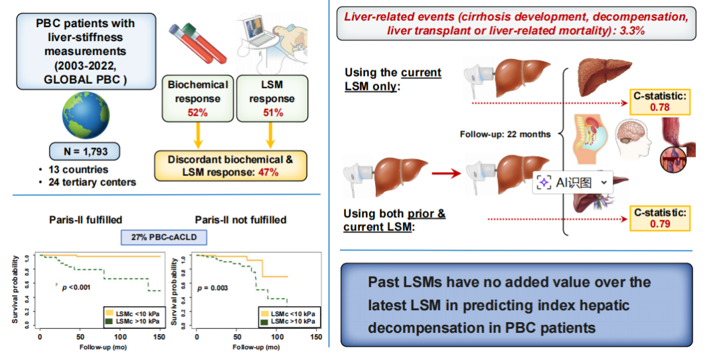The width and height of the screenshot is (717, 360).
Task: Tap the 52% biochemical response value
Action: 197,112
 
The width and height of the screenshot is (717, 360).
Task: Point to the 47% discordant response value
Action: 268,172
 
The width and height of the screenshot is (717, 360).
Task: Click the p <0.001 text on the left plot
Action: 76,287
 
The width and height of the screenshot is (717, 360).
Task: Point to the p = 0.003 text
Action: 218,288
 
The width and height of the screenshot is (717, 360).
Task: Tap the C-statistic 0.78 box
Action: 659,102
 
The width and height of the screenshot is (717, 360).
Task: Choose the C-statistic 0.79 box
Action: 659,218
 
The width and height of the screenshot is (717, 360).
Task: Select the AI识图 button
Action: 572,183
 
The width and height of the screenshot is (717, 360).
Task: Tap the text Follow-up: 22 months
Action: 505,134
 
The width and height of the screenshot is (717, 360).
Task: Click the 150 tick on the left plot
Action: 159,337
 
